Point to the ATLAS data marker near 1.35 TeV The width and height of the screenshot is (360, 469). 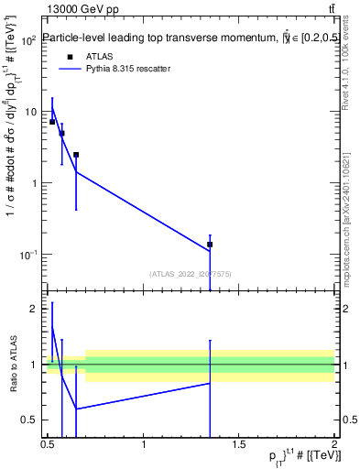tap(210, 245)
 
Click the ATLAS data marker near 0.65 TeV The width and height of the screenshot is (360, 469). tap(76, 155)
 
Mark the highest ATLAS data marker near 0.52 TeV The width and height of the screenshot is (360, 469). tap(52, 121)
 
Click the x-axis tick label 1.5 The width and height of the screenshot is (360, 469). tap(239, 444)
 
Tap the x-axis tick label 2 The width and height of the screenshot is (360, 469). tap(333, 444)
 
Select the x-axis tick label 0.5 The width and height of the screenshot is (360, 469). tap(49, 444)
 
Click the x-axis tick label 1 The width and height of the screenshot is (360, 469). tap(144, 444)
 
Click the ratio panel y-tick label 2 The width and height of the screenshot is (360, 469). tap(34, 309)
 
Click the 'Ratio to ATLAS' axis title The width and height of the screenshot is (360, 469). tap(13, 365)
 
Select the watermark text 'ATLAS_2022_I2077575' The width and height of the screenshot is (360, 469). tap(190, 273)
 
